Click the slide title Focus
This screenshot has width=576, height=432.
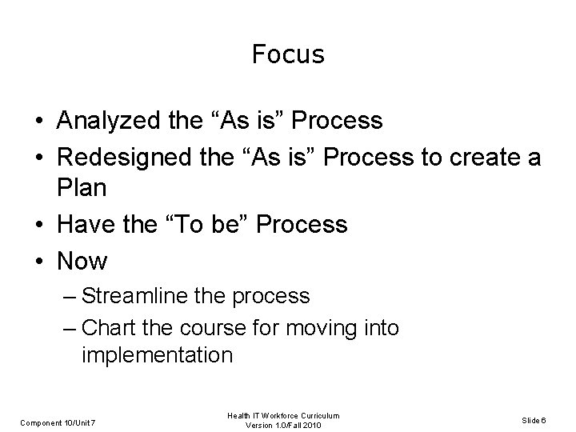(x=287, y=54)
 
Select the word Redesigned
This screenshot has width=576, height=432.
(x=126, y=157)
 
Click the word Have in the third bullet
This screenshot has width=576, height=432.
(x=83, y=226)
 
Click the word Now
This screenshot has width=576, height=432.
(x=82, y=261)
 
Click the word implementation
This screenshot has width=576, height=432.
(x=157, y=354)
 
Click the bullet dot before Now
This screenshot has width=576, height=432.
(x=38, y=262)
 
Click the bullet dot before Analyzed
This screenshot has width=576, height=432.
(x=38, y=122)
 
